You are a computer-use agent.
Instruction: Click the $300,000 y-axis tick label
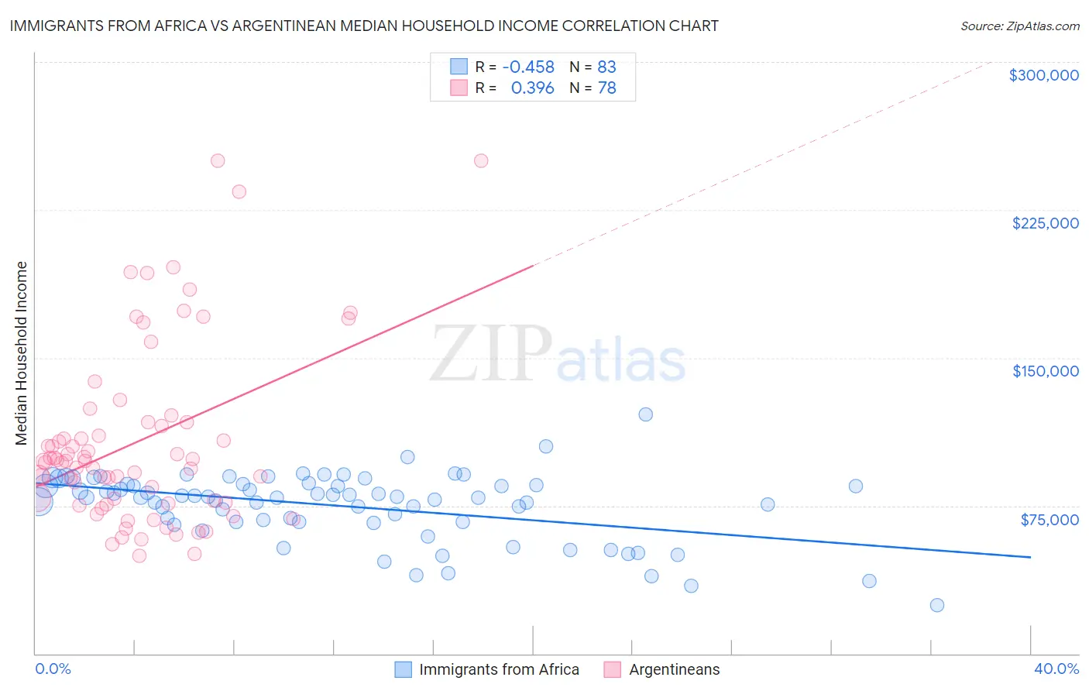(1043, 75)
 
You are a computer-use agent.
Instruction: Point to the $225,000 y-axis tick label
(1045, 223)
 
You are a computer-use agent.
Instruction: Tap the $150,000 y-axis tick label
(1045, 371)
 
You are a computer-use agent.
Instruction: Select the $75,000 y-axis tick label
(1049, 520)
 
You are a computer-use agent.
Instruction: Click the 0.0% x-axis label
(53, 669)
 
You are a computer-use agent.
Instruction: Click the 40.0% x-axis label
(1056, 669)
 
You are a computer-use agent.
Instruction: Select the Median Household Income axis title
(22, 353)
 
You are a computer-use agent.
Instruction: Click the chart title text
(364, 26)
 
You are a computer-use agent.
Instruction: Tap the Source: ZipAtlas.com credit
(1019, 26)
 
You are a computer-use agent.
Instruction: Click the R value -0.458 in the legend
(528, 67)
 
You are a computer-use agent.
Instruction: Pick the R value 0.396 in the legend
(532, 88)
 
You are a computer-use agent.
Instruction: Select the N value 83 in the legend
(606, 67)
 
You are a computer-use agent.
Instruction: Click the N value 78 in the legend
(606, 88)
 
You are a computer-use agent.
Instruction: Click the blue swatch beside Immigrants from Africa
(403, 669)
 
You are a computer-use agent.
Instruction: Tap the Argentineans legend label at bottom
(674, 669)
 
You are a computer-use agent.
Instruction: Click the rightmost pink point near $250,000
(481, 161)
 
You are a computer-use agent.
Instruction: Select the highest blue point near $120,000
(645, 414)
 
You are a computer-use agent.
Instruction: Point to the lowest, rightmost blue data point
(937, 605)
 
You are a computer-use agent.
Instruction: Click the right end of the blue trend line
(1030, 557)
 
